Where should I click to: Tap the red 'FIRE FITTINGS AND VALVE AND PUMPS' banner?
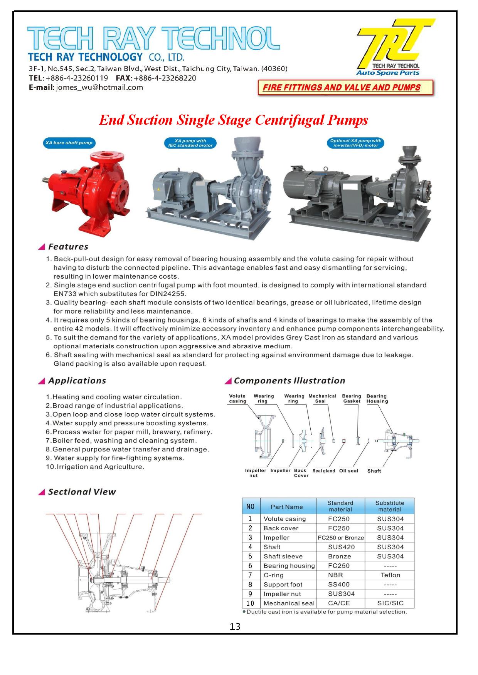(x=346, y=87)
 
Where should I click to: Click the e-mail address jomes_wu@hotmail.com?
(x=99, y=87)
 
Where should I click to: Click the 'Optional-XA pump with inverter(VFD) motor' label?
(x=355, y=143)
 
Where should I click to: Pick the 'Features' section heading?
(x=68, y=247)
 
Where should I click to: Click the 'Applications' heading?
(x=77, y=381)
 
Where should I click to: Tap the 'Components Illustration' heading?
(x=289, y=381)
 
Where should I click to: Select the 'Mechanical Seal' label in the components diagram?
(x=322, y=398)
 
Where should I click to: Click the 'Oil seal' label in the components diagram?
(x=348, y=471)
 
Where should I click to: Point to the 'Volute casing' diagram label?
(x=237, y=398)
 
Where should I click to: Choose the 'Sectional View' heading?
(x=81, y=492)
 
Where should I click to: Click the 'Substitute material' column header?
(x=390, y=506)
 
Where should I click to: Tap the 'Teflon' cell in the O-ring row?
(x=390, y=575)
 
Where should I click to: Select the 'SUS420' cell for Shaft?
(x=338, y=547)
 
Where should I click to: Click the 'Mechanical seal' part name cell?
(x=289, y=603)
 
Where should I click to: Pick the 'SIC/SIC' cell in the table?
(x=390, y=603)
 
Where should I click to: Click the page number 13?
(x=235, y=627)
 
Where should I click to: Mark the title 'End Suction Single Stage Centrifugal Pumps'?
(x=233, y=120)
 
